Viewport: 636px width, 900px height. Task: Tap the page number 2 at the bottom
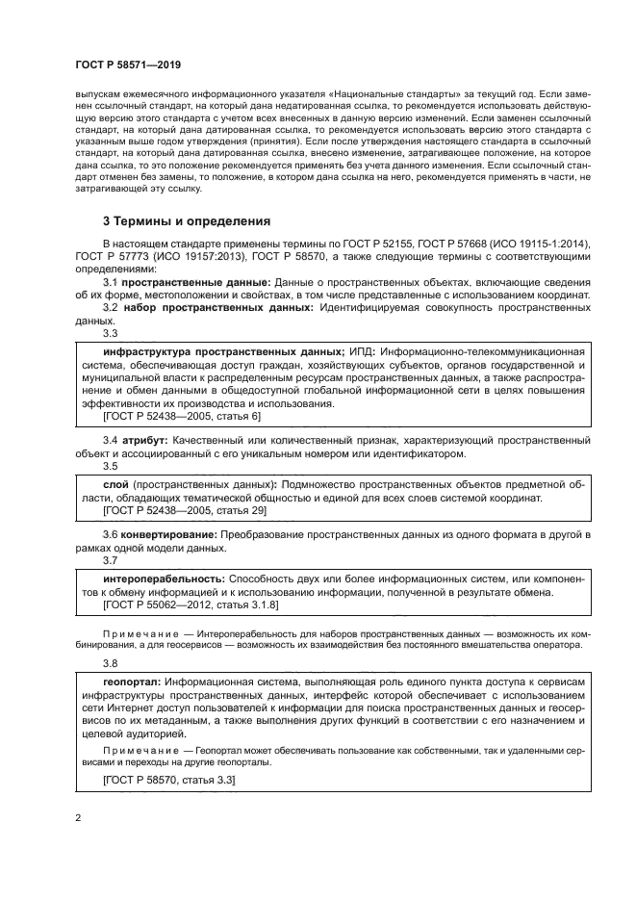tap(78, 819)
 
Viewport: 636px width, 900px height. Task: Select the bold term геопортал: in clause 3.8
tap(132, 681)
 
